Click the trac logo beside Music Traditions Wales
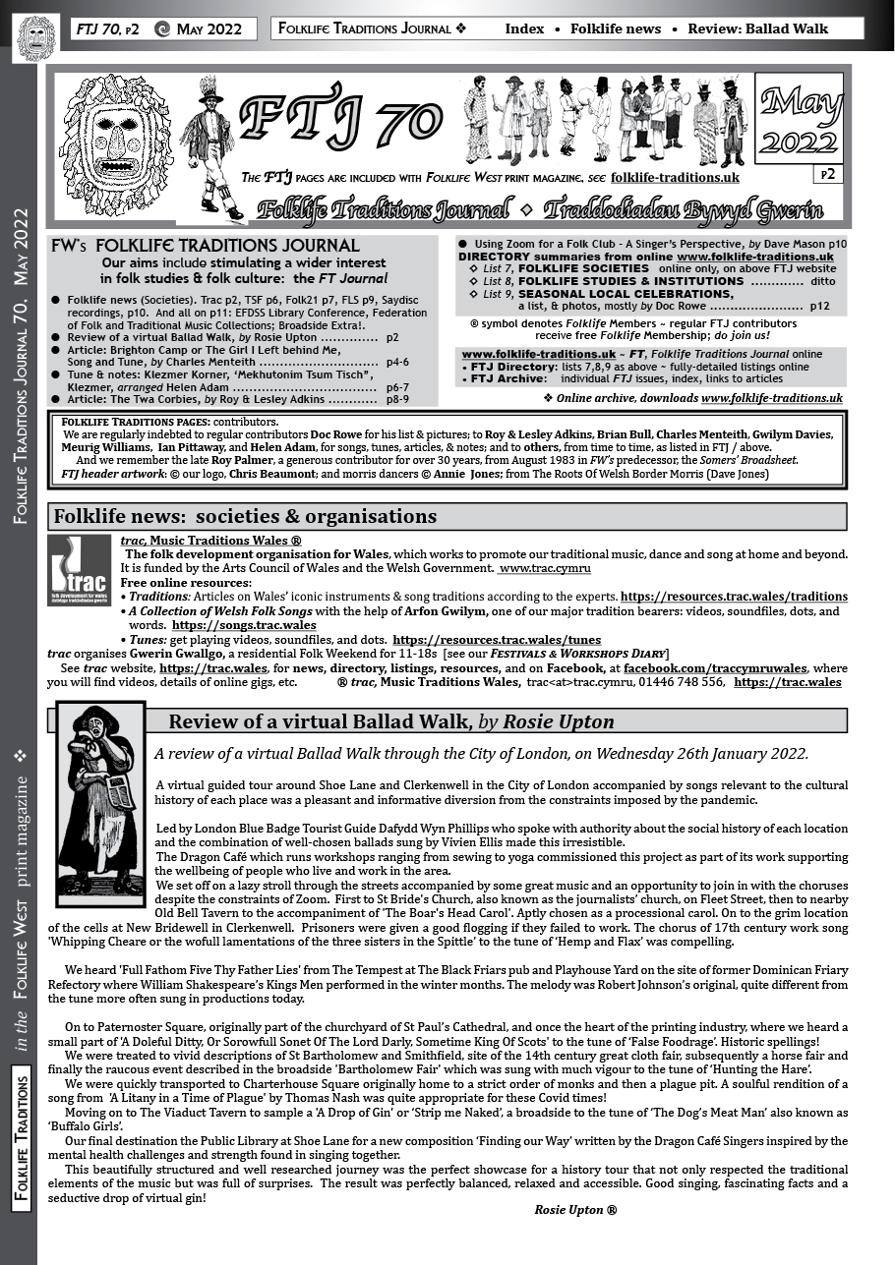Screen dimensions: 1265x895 pyautogui.click(x=79, y=570)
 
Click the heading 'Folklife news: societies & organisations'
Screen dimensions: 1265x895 pyautogui.click(x=246, y=517)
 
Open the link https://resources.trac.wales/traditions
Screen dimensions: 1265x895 pyautogui.click(x=734, y=597)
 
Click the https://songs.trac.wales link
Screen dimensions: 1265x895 pyautogui.click(x=244, y=625)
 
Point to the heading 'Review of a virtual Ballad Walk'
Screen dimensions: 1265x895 pyautogui.click(x=391, y=722)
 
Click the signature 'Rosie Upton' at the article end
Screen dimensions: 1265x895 pyautogui.click(x=575, y=1210)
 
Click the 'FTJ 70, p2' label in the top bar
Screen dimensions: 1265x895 pyautogui.click(x=108, y=29)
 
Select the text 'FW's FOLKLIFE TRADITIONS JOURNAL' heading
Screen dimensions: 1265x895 pyautogui.click(x=206, y=246)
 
